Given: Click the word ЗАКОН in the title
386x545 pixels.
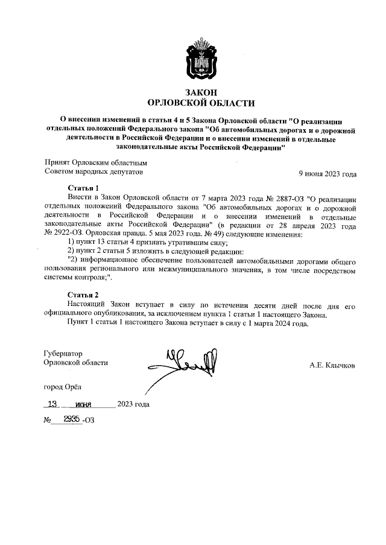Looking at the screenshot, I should [x=201, y=92].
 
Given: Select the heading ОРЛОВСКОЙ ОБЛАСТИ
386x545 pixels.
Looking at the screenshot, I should [x=201, y=103].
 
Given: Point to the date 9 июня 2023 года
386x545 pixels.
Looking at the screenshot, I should [x=327, y=174].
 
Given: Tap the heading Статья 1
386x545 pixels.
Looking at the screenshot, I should [x=83, y=188].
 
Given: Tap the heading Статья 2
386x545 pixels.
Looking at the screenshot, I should [x=83, y=295].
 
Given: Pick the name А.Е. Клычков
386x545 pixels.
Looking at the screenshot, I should [x=332, y=365].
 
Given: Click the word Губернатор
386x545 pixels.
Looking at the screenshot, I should [x=64, y=353].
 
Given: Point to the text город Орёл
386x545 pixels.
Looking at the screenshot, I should [x=62, y=386].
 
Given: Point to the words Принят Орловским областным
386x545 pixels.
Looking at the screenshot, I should [x=96, y=163].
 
